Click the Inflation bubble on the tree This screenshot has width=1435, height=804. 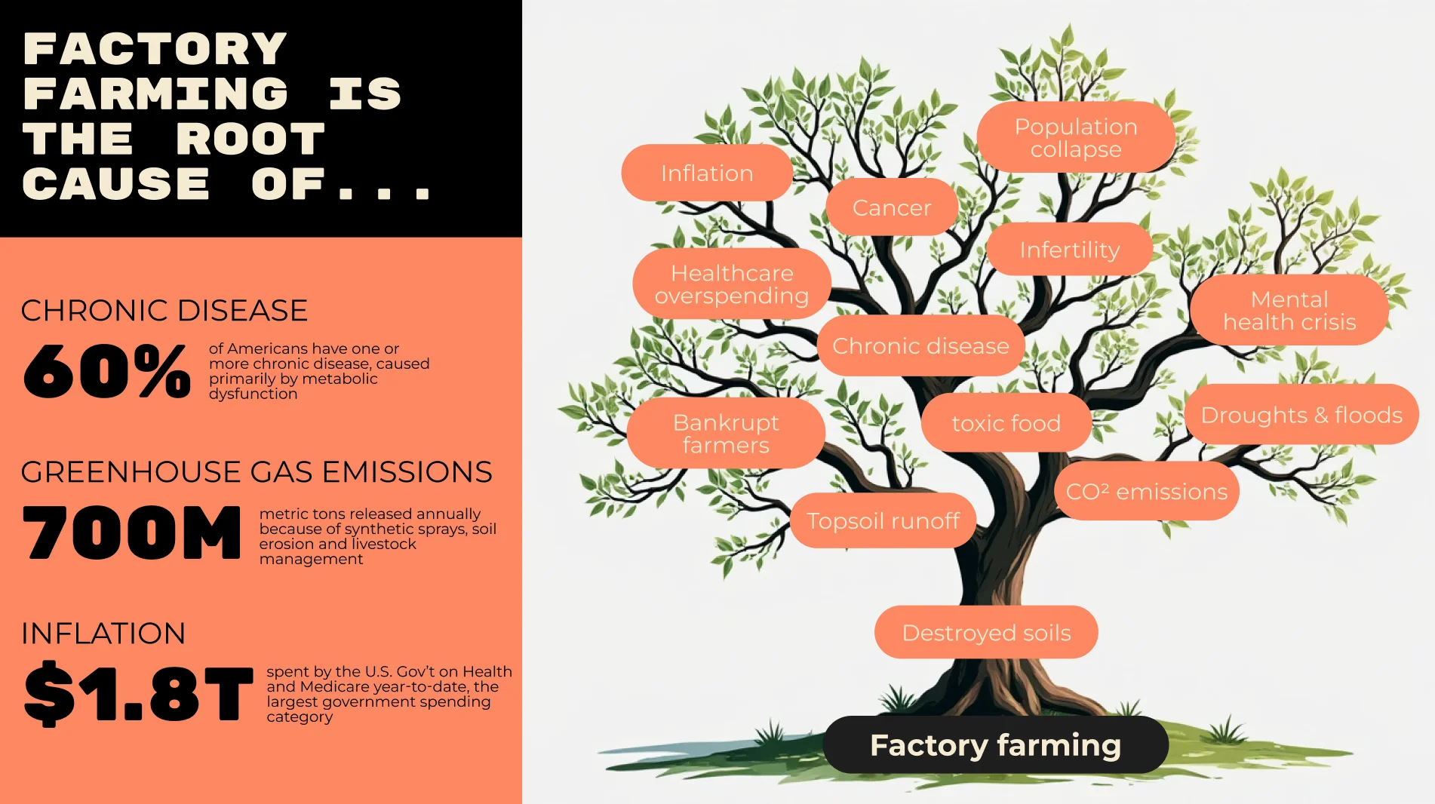coord(707,173)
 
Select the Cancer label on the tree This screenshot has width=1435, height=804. coord(892,207)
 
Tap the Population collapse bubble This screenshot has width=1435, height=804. coord(1076,137)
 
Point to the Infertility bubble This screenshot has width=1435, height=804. coord(1070,250)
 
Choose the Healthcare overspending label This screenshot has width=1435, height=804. coord(732,284)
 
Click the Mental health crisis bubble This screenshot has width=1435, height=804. coord(1289,310)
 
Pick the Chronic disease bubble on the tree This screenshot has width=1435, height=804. coord(920,345)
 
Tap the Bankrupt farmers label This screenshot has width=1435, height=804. coord(726,433)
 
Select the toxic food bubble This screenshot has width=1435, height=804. coord(1006,422)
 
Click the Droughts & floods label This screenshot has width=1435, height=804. coord(1301,414)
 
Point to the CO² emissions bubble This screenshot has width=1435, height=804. coord(1147,491)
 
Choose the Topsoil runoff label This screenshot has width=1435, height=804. coord(883,520)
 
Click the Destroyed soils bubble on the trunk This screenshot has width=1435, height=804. coord(986,632)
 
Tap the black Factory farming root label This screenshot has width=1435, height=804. coord(996,744)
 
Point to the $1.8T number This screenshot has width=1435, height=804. coord(138,693)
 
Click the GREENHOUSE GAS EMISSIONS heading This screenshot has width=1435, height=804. coord(257,472)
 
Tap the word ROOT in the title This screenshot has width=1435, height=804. coord(250,139)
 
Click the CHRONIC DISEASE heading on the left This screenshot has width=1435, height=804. coord(164,311)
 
